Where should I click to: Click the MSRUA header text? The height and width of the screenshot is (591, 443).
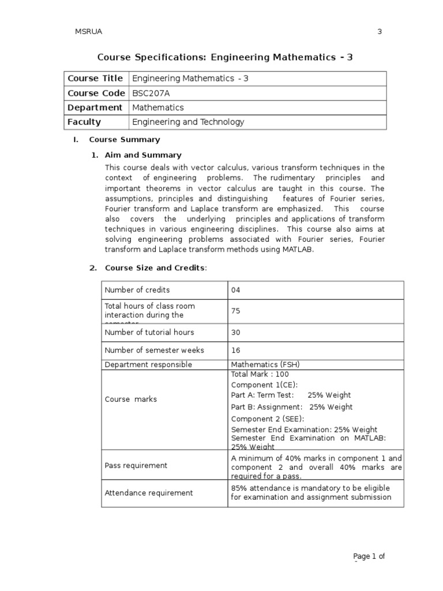(x=89, y=32)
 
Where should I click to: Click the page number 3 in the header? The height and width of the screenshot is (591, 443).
(x=380, y=32)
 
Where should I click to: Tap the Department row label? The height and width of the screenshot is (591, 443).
(x=95, y=107)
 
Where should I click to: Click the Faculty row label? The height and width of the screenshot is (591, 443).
(x=84, y=122)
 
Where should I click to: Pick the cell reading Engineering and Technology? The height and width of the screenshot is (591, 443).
(x=188, y=122)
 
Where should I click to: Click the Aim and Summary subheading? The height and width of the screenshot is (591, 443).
(x=143, y=155)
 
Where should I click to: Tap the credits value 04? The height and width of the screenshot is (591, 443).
(x=235, y=290)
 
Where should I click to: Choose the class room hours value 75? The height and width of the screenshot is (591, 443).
(x=235, y=311)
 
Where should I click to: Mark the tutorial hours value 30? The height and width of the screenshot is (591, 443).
(x=235, y=332)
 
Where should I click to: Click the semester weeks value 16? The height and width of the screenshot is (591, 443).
(x=235, y=350)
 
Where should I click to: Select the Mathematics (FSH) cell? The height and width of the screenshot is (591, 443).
(x=265, y=365)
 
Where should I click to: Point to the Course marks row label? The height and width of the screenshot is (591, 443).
(x=130, y=399)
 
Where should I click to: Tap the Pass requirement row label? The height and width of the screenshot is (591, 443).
(x=136, y=465)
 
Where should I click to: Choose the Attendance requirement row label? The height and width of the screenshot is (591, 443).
(x=149, y=493)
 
